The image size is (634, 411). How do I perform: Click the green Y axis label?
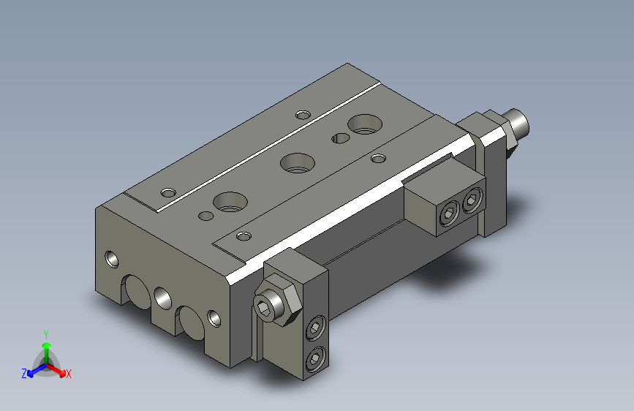(x=46, y=334)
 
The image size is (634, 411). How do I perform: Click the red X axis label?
(x=68, y=374)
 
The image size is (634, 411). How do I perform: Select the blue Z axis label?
(x=24, y=374)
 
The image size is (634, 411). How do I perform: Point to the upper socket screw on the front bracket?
(x=315, y=327)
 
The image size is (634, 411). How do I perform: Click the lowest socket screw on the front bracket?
(x=315, y=359)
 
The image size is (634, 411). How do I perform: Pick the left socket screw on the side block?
(x=449, y=214)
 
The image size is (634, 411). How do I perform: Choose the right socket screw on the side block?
(x=472, y=200)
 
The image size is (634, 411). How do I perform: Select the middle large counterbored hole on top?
(x=298, y=162)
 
